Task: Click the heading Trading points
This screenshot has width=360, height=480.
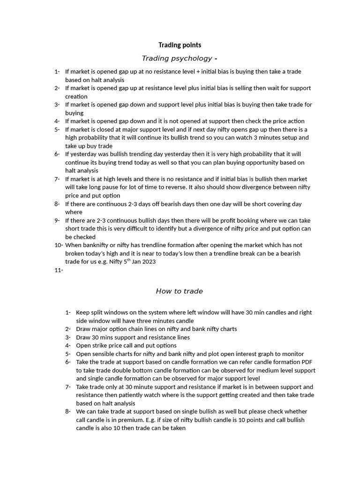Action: point(180,45)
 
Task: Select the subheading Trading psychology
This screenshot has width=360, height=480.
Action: point(177,58)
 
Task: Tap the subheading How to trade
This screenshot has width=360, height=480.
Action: point(179,291)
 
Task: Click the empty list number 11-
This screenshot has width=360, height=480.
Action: point(59,270)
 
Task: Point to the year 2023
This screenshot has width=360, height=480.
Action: point(148,262)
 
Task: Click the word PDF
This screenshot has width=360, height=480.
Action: point(303,362)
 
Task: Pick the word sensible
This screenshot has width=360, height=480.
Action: point(108,354)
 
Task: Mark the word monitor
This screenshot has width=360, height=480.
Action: point(293,354)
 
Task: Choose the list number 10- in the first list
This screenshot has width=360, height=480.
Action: point(59,245)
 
